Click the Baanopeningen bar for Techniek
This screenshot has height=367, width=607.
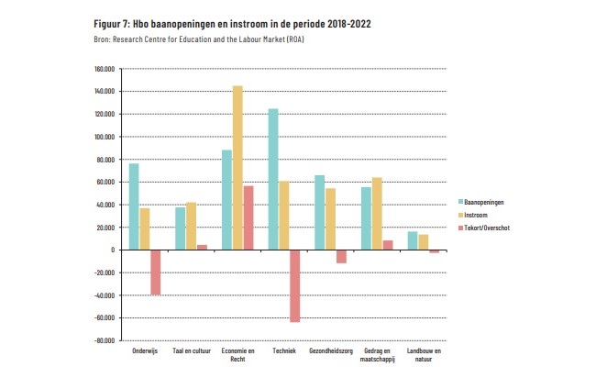(273, 179)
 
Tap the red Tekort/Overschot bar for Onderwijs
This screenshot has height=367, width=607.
(156, 272)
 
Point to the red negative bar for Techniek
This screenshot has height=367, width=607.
(295, 285)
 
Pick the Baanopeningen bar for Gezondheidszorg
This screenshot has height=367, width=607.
(320, 212)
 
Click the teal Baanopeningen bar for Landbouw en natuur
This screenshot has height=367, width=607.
(413, 240)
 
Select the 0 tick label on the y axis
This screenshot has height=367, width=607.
(110, 250)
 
